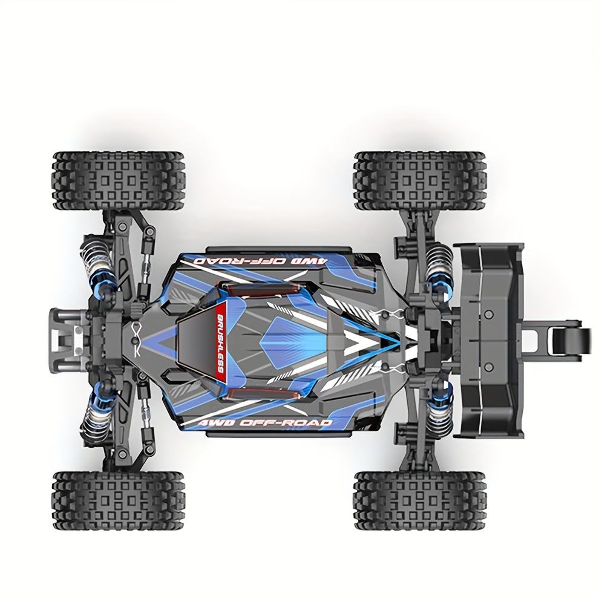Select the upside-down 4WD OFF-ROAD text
pos(261,261)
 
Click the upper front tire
pos(119,181)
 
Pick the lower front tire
pos(119,500)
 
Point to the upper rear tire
pos(421,181)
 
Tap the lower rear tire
pos(421,500)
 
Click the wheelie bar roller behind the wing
pos(565,338)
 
